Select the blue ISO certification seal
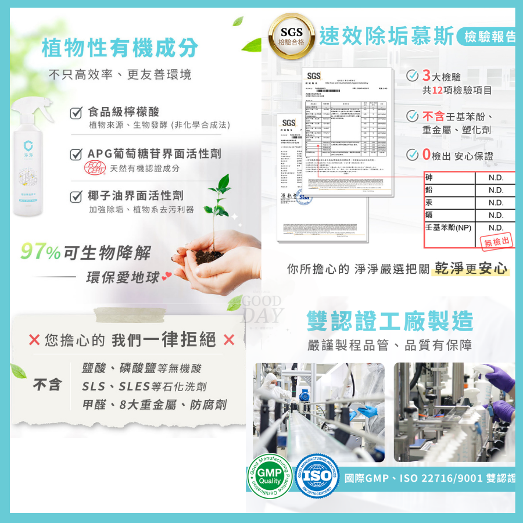click(x=317, y=477)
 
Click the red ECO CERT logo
click(x=95, y=168)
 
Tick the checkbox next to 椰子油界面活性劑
click(x=75, y=196)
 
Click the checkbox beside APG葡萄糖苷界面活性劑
click(x=75, y=154)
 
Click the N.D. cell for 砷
click(x=495, y=178)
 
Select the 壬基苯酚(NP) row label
click(x=449, y=227)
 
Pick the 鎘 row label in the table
click(x=429, y=215)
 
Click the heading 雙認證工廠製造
click(x=389, y=321)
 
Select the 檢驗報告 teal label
click(x=490, y=37)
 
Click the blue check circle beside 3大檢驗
click(x=412, y=76)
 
